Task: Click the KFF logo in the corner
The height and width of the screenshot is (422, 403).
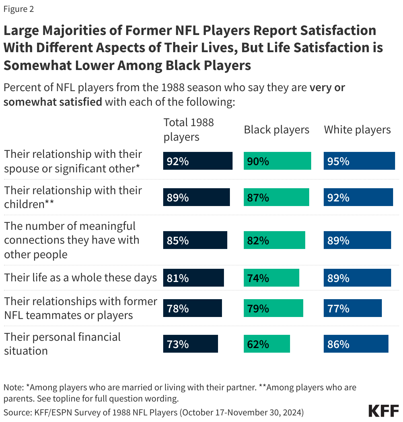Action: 384,411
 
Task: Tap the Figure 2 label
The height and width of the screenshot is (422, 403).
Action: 19,9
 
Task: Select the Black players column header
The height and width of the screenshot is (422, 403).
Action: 276,130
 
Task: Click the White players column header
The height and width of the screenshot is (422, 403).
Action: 357,130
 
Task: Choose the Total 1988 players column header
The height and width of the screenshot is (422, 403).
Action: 189,129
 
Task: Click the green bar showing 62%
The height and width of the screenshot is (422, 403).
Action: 267,344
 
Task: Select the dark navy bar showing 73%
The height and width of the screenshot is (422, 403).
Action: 190,344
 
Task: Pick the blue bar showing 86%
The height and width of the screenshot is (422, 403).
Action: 356,344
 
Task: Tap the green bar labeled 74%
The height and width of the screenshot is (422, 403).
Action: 271,278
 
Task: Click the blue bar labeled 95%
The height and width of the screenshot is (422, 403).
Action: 359,161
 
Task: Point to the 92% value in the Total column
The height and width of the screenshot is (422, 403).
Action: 178,161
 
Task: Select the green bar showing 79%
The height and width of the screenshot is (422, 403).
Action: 273,308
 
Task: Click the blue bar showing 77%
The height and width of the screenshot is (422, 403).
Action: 352,308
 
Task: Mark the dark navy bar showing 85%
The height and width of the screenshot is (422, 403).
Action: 195,240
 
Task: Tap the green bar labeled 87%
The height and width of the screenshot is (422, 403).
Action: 276,197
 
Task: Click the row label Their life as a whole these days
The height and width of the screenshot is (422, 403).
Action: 80,278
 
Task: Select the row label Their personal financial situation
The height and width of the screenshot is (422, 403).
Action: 62,344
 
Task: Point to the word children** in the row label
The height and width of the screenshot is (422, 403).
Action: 29,204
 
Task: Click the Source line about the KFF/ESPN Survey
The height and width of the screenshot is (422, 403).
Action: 153,412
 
